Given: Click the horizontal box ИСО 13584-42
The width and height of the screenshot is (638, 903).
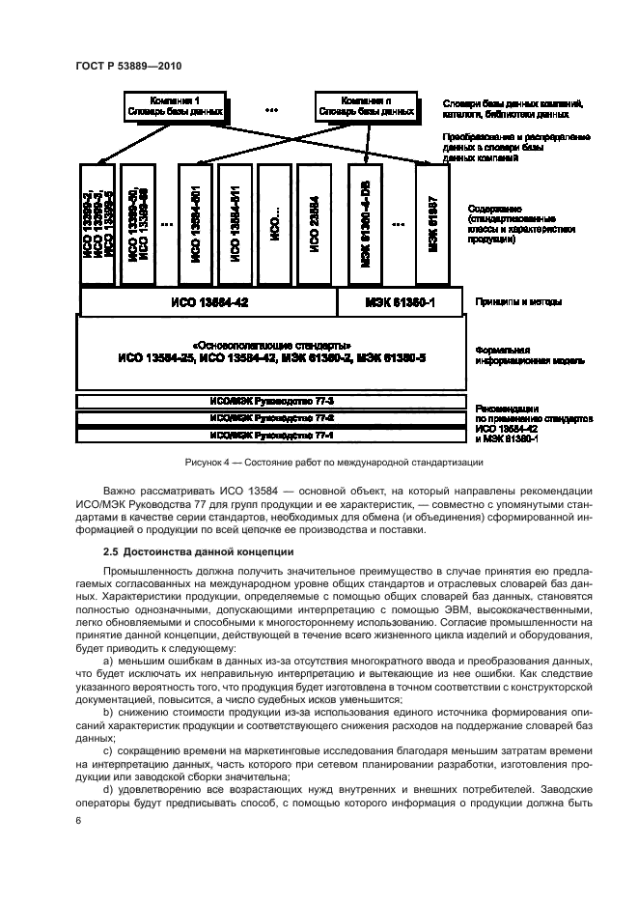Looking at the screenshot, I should pyautogui.click(x=208, y=301).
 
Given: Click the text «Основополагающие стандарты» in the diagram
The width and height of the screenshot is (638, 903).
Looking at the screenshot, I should pyautogui.click(x=271, y=345).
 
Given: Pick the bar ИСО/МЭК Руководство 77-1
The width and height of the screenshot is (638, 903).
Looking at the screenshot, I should pyautogui.click(x=271, y=435).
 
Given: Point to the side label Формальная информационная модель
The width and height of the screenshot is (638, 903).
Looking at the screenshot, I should pyautogui.click(x=522, y=354).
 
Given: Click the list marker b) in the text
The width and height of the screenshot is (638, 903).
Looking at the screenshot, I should pyautogui.click(x=108, y=713).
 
